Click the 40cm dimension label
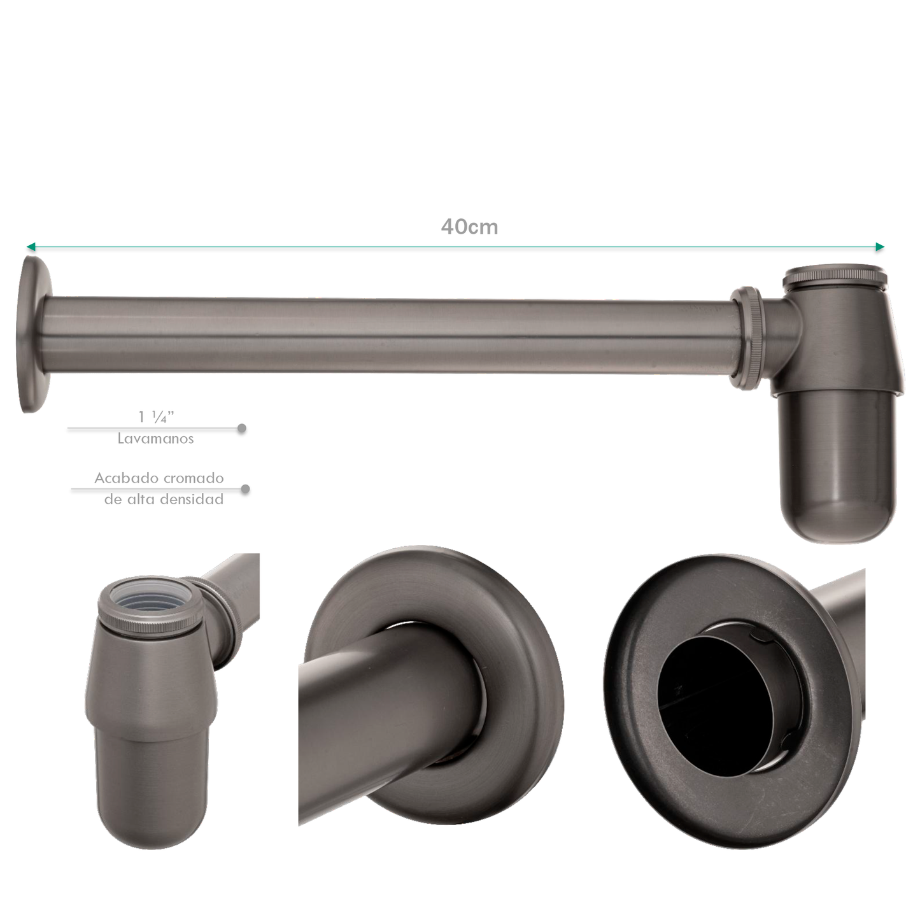(x=469, y=227)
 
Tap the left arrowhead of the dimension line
(x=31, y=247)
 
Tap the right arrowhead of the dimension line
(x=880, y=247)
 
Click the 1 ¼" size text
(x=155, y=417)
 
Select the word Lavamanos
(x=155, y=439)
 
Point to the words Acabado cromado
(x=159, y=478)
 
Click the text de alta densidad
(x=164, y=499)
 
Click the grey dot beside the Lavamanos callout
(x=242, y=428)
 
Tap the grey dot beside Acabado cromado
(x=245, y=489)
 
